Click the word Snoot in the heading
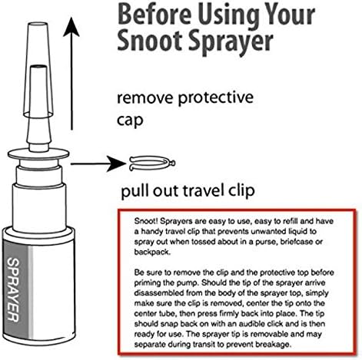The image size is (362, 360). coord(151,41)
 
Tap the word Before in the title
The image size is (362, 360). coord(154,15)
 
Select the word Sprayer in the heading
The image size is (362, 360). coord(231,42)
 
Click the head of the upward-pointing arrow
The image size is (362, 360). coord(71,27)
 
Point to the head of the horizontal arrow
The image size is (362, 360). coord(117,163)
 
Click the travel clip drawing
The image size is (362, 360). coord(152,163)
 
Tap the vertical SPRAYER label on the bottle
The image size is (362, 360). coord(13,289)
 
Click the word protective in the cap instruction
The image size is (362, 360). coord(216,97)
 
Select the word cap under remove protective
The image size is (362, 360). coord(130,121)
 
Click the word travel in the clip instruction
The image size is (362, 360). coord(201,190)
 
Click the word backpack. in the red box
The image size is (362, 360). coord(152,252)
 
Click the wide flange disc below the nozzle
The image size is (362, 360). coord(38,154)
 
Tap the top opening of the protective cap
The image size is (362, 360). coord(38,25)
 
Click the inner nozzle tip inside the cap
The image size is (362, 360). coord(38,68)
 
